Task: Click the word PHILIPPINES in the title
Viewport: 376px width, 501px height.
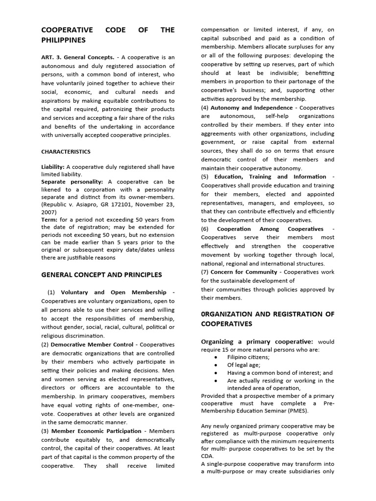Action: (63, 40)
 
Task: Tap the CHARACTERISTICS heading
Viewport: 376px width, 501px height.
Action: (66, 152)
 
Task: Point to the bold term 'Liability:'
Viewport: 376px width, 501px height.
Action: (53, 167)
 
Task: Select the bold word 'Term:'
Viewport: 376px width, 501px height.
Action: (49, 220)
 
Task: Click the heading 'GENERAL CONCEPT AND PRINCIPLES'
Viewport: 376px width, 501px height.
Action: (101, 274)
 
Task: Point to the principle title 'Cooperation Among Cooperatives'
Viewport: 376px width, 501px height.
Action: (270, 229)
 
